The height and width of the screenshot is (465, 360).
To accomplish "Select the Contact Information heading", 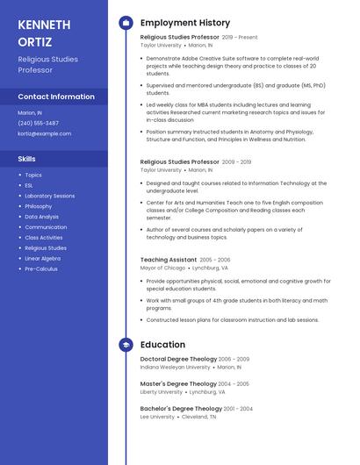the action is (56, 97).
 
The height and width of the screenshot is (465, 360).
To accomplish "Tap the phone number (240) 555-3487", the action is (39, 123).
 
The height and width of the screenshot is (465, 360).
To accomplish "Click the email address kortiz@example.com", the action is (45, 133).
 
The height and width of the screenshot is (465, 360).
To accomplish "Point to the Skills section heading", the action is (27, 159).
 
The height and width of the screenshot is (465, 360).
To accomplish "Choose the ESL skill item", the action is (29, 185).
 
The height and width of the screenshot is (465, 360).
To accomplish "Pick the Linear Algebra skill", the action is (42, 258).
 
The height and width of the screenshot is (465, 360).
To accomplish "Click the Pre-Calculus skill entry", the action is (40, 268).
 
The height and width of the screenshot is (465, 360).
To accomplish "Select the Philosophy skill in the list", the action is (39, 206).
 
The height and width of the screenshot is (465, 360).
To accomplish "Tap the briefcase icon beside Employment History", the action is (126, 23).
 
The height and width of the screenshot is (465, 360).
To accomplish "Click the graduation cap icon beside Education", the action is (126, 345).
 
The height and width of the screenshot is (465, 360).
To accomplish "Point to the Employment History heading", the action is (184, 23).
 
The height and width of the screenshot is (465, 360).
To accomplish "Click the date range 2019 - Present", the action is (240, 38).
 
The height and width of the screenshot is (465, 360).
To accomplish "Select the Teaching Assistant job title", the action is (169, 260).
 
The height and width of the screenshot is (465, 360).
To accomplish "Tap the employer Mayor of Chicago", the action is (163, 268).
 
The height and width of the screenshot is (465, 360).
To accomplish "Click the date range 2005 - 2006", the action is (215, 260).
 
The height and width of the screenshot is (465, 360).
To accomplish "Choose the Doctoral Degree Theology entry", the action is (178, 359).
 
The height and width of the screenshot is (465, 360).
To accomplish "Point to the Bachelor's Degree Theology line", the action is (181, 408).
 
